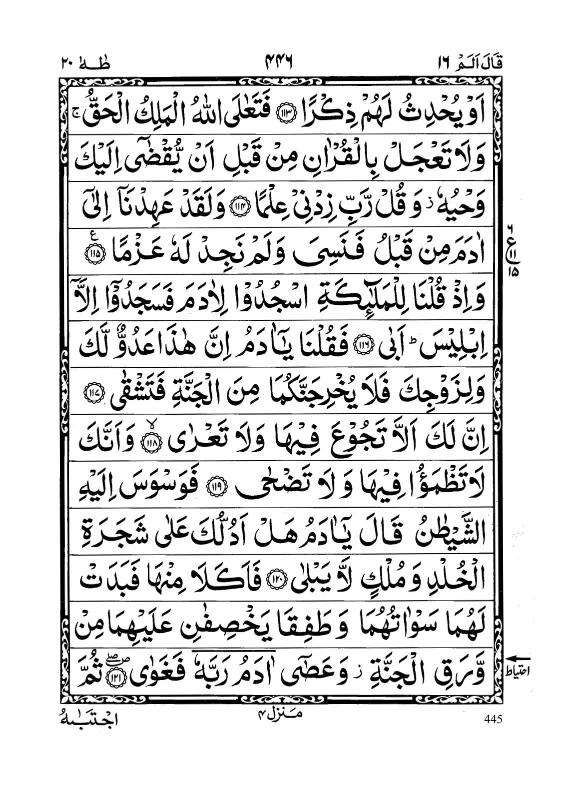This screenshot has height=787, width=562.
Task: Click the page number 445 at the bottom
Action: [492, 719]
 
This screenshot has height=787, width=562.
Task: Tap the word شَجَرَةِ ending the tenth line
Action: [105, 525]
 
